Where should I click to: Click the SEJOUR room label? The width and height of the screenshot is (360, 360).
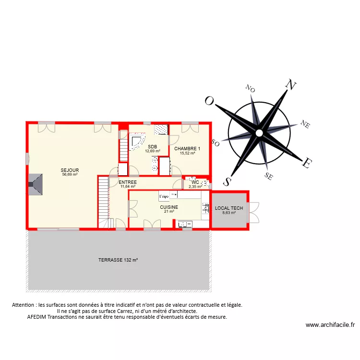coord(70,170)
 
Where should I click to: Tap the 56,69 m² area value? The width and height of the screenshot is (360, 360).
coord(70,175)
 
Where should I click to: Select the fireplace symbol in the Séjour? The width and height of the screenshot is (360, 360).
coord(36,184)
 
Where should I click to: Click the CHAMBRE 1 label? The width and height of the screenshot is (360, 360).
coord(187,149)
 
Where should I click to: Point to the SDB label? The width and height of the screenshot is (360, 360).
coord(153,147)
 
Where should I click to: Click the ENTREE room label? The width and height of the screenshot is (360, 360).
coord(128,182)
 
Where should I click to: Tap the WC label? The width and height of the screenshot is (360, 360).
coord(195,182)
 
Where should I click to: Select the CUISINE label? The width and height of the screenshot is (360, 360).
coord(169,207)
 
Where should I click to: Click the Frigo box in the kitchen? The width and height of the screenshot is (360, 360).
coord(164,196)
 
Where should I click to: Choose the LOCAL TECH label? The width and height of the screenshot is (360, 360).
coord(229,208)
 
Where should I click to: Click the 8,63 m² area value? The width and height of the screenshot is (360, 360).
coord(229,213)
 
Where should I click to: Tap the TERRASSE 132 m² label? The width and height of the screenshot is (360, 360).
coord(118,260)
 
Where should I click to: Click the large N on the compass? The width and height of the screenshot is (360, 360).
coord(290,85)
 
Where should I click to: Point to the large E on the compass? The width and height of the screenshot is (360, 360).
coord(305,163)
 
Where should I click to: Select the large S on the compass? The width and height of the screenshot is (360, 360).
coord(227,180)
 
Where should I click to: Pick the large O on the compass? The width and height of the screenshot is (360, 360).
coord(209,101)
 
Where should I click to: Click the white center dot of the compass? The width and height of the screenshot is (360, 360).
coord(259,132)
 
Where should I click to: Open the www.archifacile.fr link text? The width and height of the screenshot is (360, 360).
coord(330,325)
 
